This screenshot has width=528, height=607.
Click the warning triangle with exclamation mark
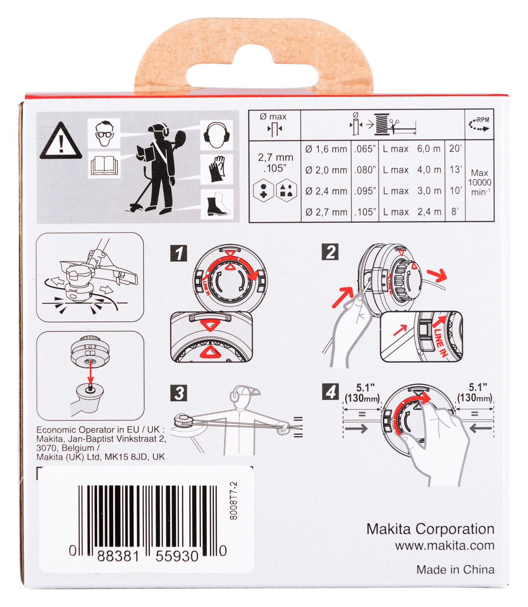(61, 141)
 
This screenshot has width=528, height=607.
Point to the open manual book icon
(104, 166)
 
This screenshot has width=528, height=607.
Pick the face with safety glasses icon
(104, 133)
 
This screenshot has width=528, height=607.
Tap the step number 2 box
(330, 252)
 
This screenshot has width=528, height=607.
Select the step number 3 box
(179, 393)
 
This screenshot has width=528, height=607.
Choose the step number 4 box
(330, 392)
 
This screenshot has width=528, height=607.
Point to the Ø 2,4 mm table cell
(326, 191)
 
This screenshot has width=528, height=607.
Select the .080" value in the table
(365, 170)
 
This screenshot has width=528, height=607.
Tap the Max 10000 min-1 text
(479, 182)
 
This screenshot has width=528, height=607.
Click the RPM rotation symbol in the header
(479, 125)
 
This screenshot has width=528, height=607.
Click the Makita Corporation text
(430, 529)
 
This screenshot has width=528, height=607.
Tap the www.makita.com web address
(445, 546)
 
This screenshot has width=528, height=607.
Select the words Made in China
(455, 569)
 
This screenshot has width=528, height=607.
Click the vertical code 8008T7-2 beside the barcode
(234, 501)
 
